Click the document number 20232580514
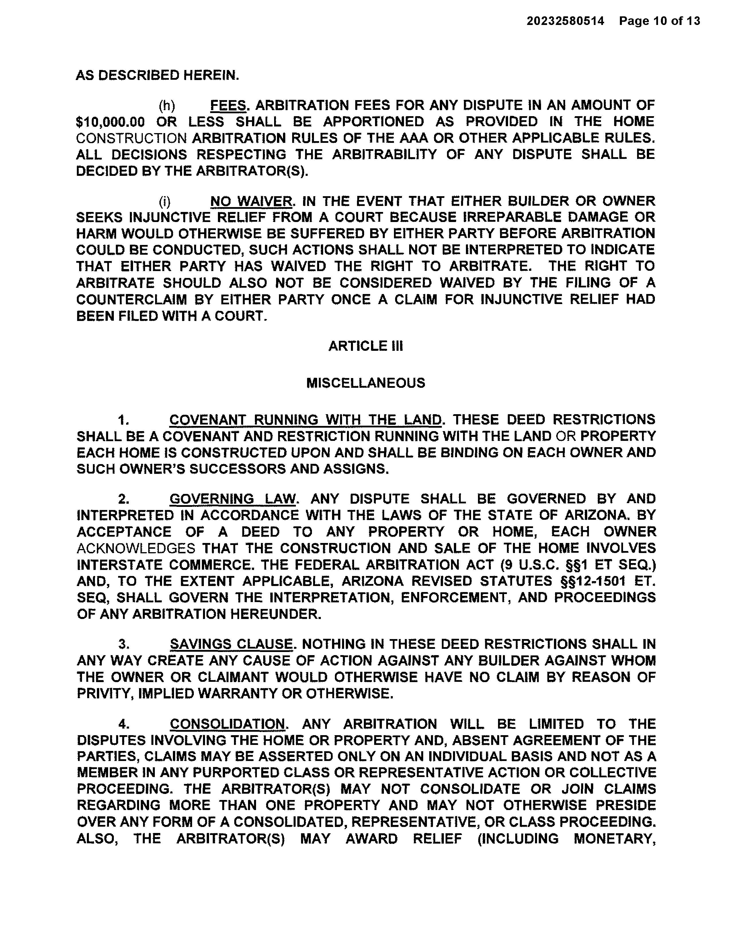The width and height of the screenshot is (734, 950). click(565, 21)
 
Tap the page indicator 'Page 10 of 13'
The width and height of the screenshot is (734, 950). click(660, 21)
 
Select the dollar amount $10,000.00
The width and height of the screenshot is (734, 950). click(110, 122)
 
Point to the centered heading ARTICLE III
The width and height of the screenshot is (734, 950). click(366, 346)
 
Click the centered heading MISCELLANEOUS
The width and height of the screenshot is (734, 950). click(366, 383)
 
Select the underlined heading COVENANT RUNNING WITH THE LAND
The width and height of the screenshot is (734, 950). click(305, 420)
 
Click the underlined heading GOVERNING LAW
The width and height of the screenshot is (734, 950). click(233, 499)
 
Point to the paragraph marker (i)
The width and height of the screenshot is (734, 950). click(165, 201)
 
